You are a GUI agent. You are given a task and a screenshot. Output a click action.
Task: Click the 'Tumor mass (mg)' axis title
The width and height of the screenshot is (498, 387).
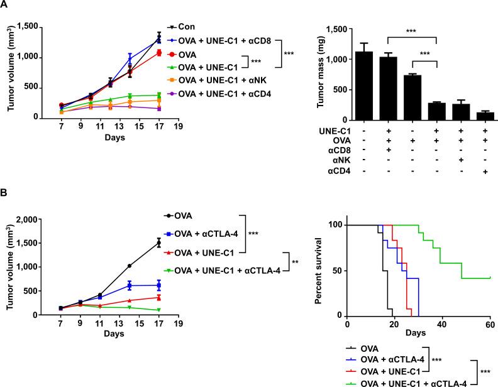[x=306, y=74]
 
